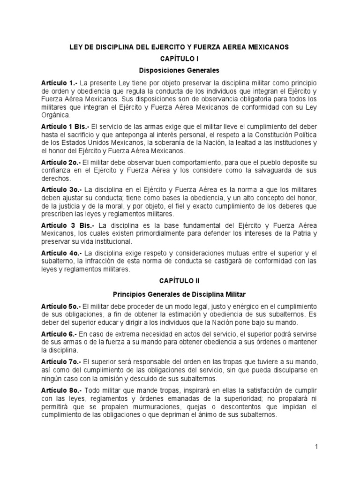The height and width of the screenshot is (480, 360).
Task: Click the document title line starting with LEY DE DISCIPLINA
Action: [x=180, y=47]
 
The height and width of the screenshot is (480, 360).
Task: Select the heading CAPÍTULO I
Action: [x=180, y=60]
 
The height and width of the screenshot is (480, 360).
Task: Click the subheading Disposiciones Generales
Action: [x=180, y=71]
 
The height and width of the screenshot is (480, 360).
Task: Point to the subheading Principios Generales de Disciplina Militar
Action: [x=180, y=294]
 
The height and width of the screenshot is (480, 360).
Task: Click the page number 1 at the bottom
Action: [x=316, y=447]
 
